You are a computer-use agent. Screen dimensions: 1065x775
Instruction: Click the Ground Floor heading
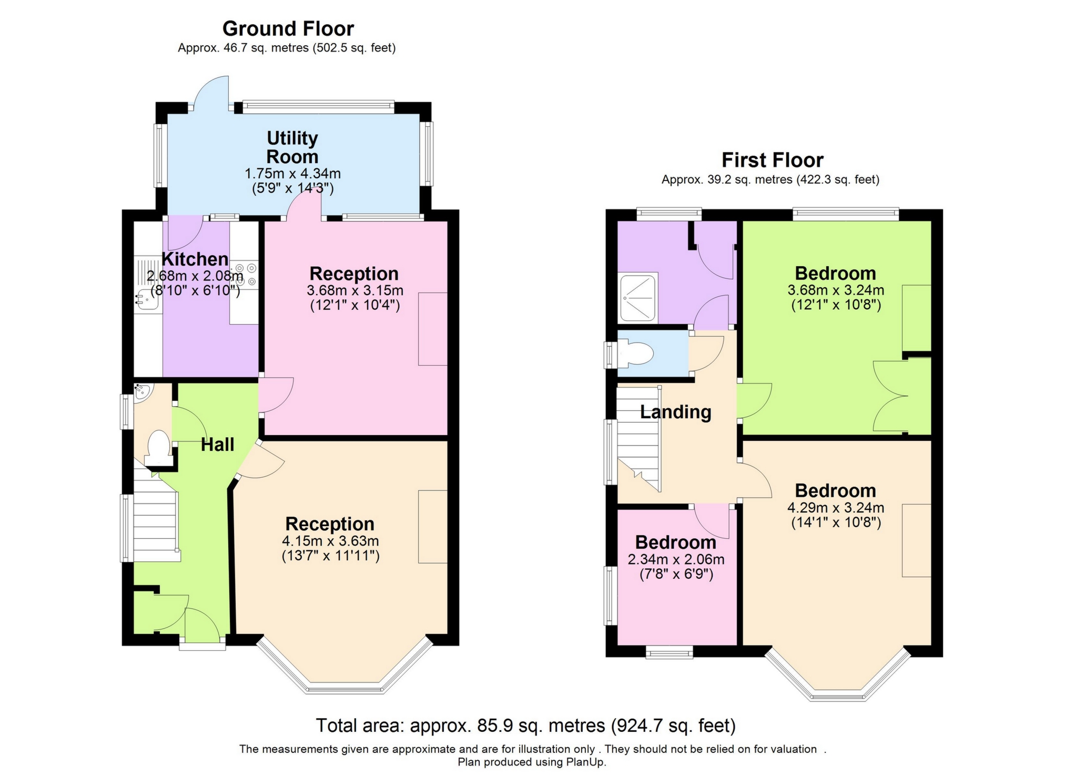click(x=288, y=28)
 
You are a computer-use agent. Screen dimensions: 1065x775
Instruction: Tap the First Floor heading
click(x=772, y=160)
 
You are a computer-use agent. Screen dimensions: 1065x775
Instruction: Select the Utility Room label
click(x=292, y=147)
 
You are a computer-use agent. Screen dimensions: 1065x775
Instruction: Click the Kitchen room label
click(x=195, y=259)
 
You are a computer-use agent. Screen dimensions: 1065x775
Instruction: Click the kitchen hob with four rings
click(x=244, y=275)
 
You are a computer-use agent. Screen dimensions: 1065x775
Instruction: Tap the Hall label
click(x=217, y=445)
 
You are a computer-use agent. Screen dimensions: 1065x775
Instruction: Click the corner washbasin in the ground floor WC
click(x=143, y=392)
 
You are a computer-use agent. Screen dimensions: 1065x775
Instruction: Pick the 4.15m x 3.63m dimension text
click(x=330, y=541)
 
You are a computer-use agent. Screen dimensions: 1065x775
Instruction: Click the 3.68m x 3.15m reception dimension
click(x=355, y=290)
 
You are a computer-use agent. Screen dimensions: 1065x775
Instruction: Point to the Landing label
click(x=676, y=412)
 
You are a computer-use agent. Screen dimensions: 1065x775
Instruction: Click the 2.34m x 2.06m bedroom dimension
click(x=676, y=559)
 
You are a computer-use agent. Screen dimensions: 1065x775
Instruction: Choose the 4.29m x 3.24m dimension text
click(x=836, y=508)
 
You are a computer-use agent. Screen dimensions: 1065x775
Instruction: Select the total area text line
click(x=525, y=726)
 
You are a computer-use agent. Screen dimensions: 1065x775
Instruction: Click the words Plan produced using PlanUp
click(x=532, y=762)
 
